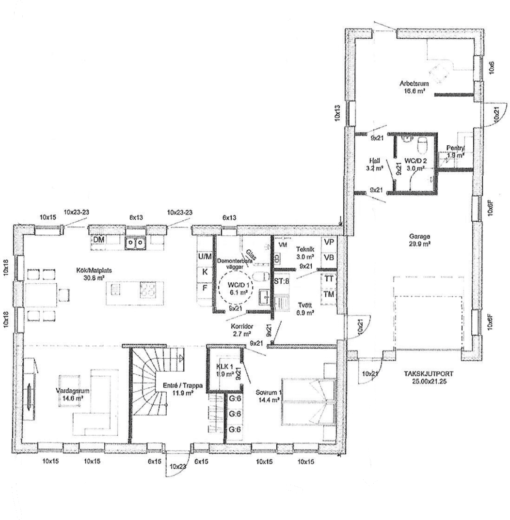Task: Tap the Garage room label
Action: tap(419, 237)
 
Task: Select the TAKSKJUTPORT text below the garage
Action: tap(428, 374)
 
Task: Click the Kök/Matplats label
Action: tap(91, 271)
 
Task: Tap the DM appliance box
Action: tap(99, 240)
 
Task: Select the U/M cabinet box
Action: tap(205, 256)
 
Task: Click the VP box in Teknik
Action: tap(329, 242)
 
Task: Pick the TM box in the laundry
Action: tap(329, 294)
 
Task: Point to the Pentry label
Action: tap(455, 148)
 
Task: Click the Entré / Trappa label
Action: tap(177, 385)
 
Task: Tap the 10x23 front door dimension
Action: tap(178, 467)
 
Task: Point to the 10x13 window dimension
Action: tap(338, 112)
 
